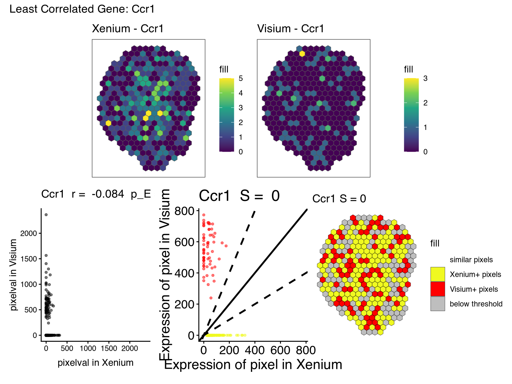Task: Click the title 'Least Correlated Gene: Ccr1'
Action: [82, 9]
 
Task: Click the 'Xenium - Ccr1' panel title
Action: [128, 29]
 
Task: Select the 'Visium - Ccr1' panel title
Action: [291, 29]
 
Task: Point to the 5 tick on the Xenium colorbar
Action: [241, 79]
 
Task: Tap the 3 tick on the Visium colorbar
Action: [425, 79]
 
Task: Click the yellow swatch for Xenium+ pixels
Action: [437, 274]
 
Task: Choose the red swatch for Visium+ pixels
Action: [437, 289]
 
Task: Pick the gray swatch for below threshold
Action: [437, 304]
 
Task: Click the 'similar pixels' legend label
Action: [471, 260]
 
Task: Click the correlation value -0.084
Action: [108, 194]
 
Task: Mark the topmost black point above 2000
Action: [46, 215]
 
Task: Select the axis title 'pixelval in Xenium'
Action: [95, 363]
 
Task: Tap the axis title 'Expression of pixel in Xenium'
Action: [253, 365]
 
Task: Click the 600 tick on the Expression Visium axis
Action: [184, 242]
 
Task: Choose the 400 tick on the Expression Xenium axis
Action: [255, 350]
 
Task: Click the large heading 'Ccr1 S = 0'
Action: [239, 196]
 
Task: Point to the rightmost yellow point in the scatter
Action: [245, 335]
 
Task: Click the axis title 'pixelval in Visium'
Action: [13, 275]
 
